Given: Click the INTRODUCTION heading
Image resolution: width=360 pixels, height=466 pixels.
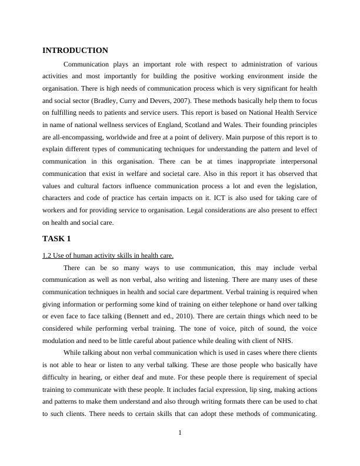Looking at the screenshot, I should point(75,51).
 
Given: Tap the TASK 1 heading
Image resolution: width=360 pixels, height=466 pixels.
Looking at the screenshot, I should point(56,238).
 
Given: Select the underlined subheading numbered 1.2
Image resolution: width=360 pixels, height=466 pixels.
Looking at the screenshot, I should point(108,255).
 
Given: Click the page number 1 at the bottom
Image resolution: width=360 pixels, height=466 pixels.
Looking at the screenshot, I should point(180,434).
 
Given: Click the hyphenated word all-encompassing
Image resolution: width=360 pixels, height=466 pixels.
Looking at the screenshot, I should point(77,138).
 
